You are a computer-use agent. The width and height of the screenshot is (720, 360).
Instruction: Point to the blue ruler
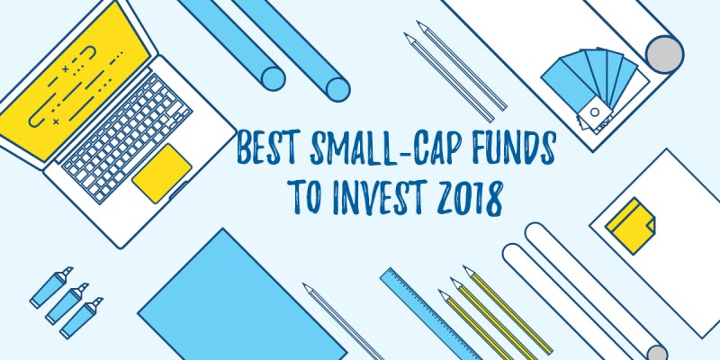point(424,315)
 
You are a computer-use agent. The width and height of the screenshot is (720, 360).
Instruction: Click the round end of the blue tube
point(338,87)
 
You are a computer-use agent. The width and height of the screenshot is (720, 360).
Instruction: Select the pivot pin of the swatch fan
point(594,112)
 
